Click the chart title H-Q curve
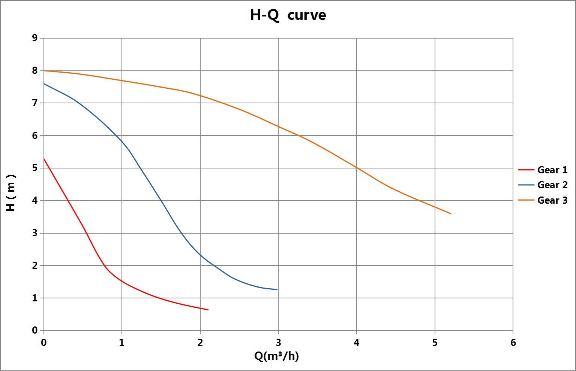click(x=288, y=15)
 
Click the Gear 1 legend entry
click(x=552, y=170)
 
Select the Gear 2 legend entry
click(x=552, y=185)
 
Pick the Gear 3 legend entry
click(x=552, y=200)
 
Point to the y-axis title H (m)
click(x=11, y=193)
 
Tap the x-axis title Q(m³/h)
click(x=276, y=356)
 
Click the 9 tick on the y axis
click(x=35, y=38)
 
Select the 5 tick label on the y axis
click(x=35, y=168)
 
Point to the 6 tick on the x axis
click(x=513, y=342)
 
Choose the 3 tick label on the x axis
click(x=278, y=342)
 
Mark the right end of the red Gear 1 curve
click(x=208, y=310)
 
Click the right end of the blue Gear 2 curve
click(x=277, y=289)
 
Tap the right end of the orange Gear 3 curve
click(x=450, y=213)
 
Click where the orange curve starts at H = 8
click(x=44, y=70)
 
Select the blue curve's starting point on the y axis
click(x=44, y=83)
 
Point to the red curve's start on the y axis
click(x=44, y=159)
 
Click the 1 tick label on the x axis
click(x=122, y=342)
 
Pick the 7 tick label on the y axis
click(x=35, y=103)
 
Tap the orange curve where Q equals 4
click(x=357, y=168)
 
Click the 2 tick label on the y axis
click(x=35, y=265)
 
